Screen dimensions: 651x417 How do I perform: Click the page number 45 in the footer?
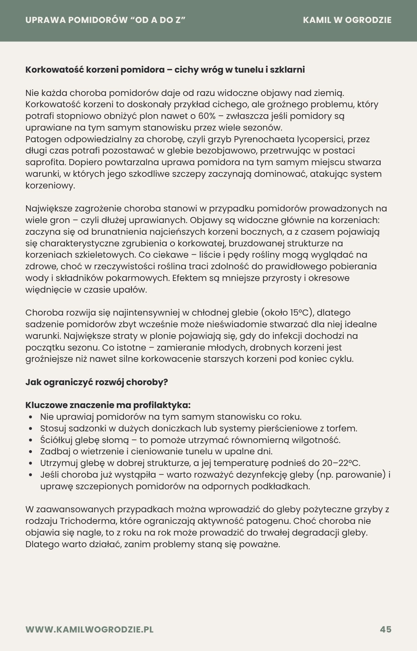pyautogui.click(x=385, y=629)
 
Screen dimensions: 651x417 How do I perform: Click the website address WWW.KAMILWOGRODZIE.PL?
pyautogui.click(x=89, y=629)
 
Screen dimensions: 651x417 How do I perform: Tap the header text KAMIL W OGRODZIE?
pyautogui.click(x=347, y=20)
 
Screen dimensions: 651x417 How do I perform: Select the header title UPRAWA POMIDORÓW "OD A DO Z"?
pyautogui.click(x=105, y=20)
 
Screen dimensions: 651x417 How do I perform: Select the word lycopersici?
pyautogui.click(x=322, y=139)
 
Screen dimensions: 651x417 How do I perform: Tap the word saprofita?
pyautogui.click(x=44, y=162)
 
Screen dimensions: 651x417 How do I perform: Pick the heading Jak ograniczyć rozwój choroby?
pyautogui.click(x=96, y=382)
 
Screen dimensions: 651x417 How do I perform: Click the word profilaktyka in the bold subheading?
pyautogui.click(x=161, y=405)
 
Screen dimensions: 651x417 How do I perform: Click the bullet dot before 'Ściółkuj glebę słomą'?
pyautogui.click(x=31, y=440)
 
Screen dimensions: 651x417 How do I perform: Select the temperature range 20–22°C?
pyautogui.click(x=341, y=463)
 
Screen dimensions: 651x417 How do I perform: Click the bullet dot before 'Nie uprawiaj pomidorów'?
pyautogui.click(x=31, y=417)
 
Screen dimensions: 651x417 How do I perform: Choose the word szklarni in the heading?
pyautogui.click(x=287, y=70)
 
